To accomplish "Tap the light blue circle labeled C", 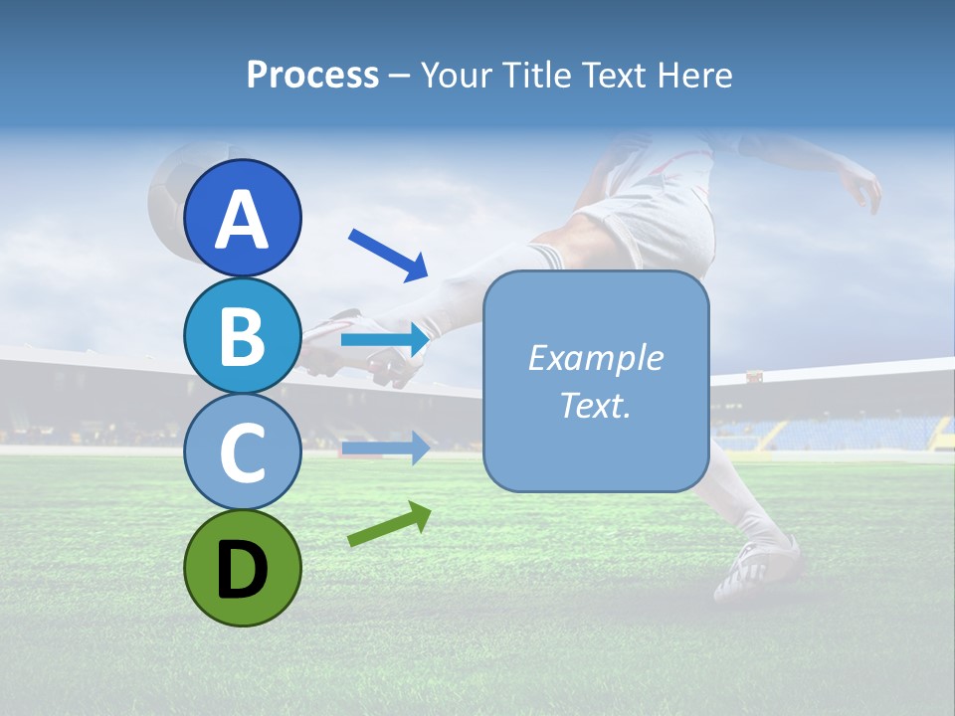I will click(x=242, y=452).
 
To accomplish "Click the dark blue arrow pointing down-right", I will click(x=389, y=255).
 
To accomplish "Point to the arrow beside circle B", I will click(x=385, y=340).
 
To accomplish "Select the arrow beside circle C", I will click(x=385, y=448).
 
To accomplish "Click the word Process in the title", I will click(x=312, y=75).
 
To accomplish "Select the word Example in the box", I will click(x=595, y=358).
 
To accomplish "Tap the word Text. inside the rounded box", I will click(x=595, y=405).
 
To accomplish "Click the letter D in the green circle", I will click(x=242, y=570).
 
